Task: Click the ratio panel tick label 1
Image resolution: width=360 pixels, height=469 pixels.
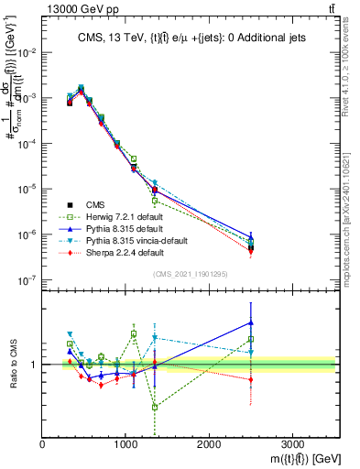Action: [x=36, y=365]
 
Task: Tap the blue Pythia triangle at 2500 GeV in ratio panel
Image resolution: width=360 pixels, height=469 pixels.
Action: [x=251, y=322]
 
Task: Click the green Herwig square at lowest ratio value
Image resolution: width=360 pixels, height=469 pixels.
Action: [x=155, y=407]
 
